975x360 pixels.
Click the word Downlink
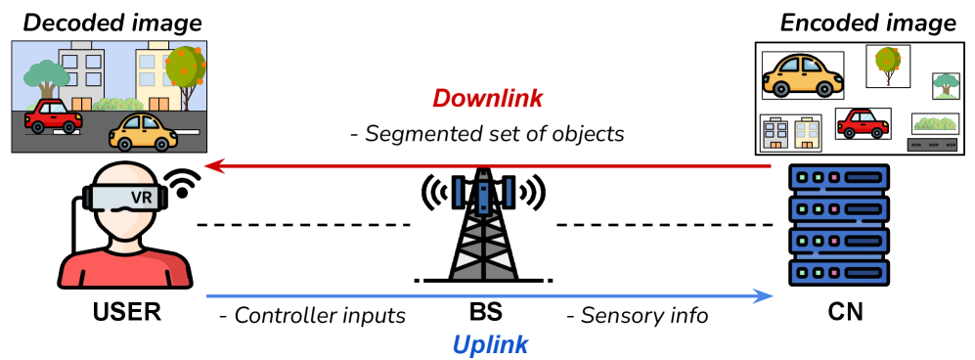pyautogui.click(x=487, y=99)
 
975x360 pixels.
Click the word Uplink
pyautogui.click(x=490, y=344)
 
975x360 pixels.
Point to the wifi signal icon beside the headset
pyautogui.click(x=184, y=182)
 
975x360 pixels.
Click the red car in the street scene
pyautogui.click(x=53, y=116)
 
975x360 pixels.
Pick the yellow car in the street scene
pyautogui.click(x=143, y=132)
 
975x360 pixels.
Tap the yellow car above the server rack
pyautogui.click(x=802, y=75)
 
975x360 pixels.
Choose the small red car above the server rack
pyautogui.click(x=863, y=124)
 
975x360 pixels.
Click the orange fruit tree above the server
pyautogui.click(x=888, y=64)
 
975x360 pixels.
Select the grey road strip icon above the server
pyautogui.click(x=932, y=145)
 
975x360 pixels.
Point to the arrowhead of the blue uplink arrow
pyautogui.click(x=766, y=295)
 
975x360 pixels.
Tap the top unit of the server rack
pyautogui.click(x=839, y=179)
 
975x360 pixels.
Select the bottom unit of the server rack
pyautogui.click(x=839, y=271)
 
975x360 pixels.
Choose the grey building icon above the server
pyautogui.click(x=776, y=134)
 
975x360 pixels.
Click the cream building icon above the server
pyautogui.click(x=806, y=134)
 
